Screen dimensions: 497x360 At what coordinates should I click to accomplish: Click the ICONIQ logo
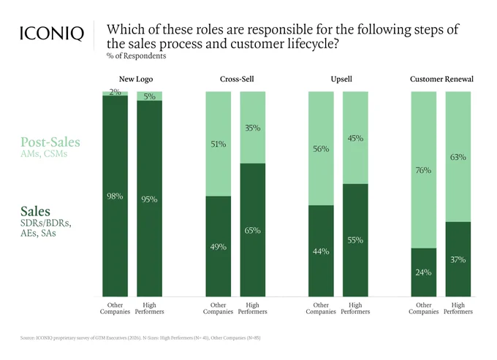coord(52,34)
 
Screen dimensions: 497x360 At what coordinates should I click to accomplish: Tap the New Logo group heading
coord(136,79)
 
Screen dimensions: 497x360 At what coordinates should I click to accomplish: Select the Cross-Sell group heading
coord(237,79)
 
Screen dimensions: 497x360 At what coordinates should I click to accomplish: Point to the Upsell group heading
coord(341,79)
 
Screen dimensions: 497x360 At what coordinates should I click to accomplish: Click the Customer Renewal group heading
coord(441,79)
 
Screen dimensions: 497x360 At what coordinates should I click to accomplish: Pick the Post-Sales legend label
coord(50,142)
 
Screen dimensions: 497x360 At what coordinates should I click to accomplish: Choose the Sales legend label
coord(35,211)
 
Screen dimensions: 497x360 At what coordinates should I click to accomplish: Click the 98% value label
coord(115,196)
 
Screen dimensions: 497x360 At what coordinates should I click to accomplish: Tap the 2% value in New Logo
coord(115,92)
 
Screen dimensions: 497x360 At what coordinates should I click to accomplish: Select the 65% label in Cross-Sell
coord(252,231)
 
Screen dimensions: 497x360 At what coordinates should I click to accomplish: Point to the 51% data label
coord(219,145)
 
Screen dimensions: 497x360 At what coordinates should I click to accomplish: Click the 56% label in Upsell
coord(321,149)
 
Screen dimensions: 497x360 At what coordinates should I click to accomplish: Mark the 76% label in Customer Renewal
coord(423,170)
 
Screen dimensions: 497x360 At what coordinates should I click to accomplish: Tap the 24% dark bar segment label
coord(423,272)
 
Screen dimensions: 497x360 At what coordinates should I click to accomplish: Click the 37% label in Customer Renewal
coord(458,260)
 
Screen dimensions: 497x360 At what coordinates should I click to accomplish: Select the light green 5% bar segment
coord(149,96)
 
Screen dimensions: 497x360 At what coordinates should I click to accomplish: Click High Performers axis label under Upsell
coord(355,308)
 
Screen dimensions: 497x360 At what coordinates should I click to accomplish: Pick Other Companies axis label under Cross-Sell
coord(218,308)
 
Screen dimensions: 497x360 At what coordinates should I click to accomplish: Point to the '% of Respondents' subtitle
coord(136,56)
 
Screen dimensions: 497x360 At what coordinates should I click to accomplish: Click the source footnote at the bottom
coord(140,338)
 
